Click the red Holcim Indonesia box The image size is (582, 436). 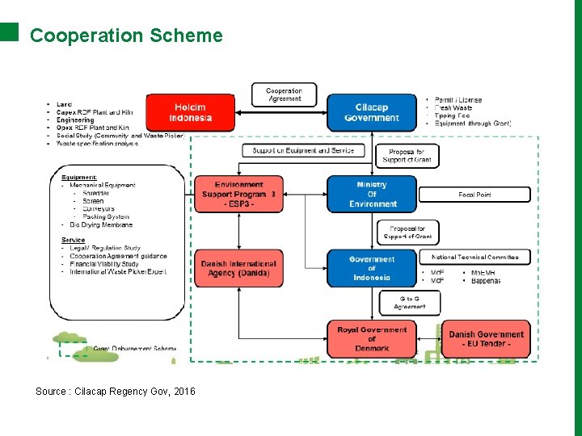[x=191, y=112]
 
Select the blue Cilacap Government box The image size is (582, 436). [x=372, y=112]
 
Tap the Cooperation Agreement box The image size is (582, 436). [x=284, y=94]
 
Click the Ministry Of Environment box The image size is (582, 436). [x=372, y=194]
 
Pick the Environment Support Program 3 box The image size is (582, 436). [x=238, y=195]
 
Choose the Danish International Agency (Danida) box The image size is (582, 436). [x=238, y=268]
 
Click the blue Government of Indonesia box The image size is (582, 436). [x=372, y=268]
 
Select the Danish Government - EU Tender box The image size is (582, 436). [x=487, y=339]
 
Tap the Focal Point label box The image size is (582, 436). [x=474, y=195]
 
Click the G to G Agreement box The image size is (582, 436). [x=409, y=303]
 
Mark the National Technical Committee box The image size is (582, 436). [x=474, y=257]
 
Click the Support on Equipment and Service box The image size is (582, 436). [x=303, y=150]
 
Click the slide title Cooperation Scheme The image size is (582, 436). [x=126, y=36]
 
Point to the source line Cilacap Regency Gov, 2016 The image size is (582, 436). [x=115, y=392]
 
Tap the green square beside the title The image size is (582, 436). [x=9, y=31]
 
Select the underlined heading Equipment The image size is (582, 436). [x=79, y=177]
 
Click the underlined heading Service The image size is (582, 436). [x=74, y=240]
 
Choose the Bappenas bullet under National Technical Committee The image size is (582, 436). [x=485, y=281]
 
